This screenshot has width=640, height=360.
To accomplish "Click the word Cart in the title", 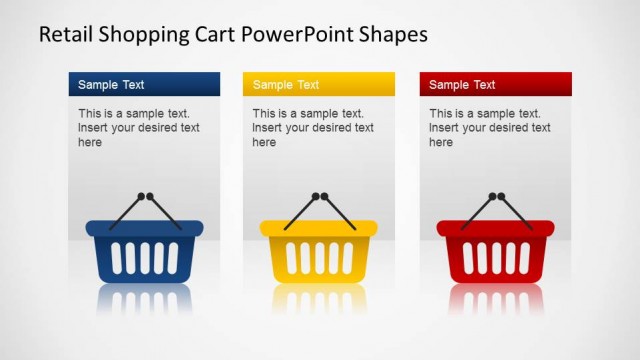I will pos(211,34).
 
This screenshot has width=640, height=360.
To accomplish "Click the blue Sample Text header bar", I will pos(144,84).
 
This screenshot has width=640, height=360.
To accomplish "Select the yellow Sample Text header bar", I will pos(318,84).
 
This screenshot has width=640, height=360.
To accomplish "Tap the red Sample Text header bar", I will pos(495,84).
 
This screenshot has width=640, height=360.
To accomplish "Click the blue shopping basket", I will pos(144,253).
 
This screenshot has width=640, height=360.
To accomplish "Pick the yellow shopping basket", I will pos(318,253).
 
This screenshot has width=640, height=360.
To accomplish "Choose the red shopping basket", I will pos(495,253).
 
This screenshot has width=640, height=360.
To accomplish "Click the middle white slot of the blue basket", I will pos(144,257).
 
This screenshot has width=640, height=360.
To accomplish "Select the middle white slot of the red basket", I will pos(495,257).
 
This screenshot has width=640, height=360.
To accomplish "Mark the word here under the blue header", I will pos(90,143).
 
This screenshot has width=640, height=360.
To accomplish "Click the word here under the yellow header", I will pos(264,143).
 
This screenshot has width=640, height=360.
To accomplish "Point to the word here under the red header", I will pos(441,143).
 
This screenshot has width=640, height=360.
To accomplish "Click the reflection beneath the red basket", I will pos(495,300).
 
